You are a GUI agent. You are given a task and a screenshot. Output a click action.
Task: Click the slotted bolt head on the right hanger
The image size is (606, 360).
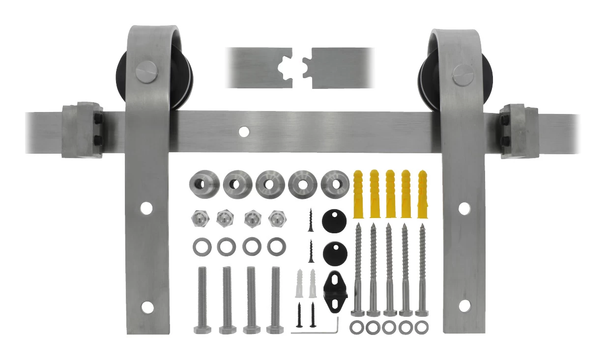coord(462,75)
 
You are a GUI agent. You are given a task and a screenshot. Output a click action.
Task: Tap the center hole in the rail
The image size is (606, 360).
coord(243,131)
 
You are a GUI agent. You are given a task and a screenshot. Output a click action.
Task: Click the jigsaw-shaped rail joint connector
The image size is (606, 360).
coord(299,68)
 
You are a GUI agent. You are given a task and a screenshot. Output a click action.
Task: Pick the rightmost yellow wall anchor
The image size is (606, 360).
coord(422,194)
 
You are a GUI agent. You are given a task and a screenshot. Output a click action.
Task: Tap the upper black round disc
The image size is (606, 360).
coord(334,222)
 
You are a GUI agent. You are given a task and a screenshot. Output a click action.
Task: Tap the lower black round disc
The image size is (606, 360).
coord(335,254)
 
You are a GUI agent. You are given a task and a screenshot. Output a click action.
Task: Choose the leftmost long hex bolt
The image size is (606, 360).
coord(202,300)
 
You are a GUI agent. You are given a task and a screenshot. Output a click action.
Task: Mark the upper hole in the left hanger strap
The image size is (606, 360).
coord(146,208)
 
